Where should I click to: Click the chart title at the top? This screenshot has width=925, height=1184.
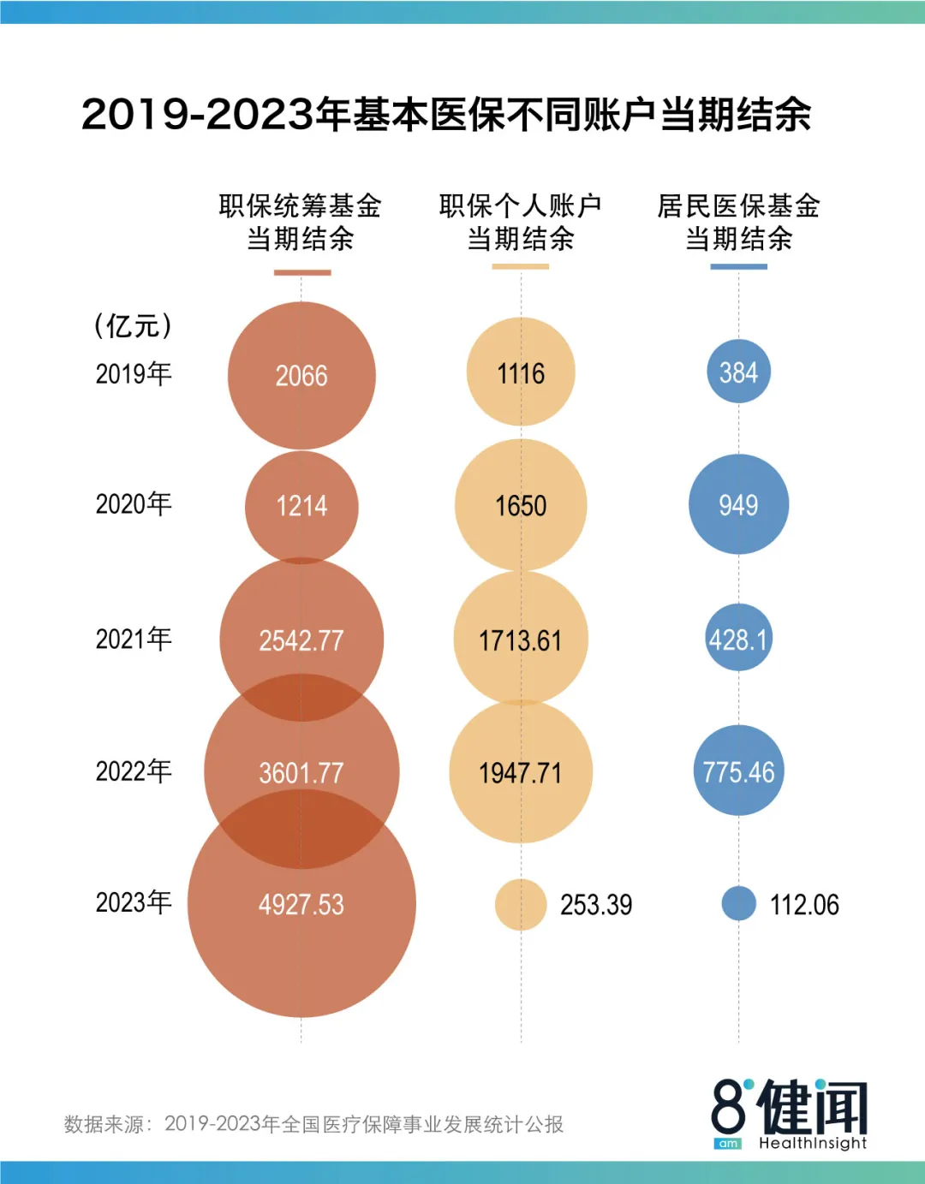[x=446, y=114]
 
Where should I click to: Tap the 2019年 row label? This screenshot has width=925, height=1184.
[x=134, y=373]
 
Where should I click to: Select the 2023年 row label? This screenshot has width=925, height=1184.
[x=134, y=902]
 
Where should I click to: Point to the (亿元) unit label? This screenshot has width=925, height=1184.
[x=134, y=325]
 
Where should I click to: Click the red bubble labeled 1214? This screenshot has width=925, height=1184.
[x=301, y=506]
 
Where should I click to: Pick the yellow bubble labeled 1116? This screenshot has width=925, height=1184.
[x=521, y=372]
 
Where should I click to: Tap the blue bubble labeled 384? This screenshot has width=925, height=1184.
[x=738, y=372]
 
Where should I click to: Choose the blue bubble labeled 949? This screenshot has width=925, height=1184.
[x=738, y=504]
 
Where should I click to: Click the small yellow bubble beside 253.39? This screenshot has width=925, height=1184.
[x=521, y=904]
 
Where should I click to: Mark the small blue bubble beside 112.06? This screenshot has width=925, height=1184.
[x=738, y=903]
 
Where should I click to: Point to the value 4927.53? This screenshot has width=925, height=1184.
[x=301, y=904]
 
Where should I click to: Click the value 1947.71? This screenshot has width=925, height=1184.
[x=521, y=773]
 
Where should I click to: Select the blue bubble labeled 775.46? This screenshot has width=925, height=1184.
[x=738, y=770]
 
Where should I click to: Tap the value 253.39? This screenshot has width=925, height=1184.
[x=596, y=905]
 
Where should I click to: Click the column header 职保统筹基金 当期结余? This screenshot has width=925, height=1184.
[x=301, y=222]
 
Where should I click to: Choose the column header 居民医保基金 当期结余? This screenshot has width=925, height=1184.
[x=738, y=222]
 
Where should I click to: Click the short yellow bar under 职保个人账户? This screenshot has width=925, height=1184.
[x=520, y=267]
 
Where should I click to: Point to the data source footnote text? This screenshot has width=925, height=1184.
[x=313, y=1124]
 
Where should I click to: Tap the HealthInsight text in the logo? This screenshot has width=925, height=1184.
[x=812, y=1143]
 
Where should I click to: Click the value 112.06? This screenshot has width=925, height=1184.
[x=804, y=905]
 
